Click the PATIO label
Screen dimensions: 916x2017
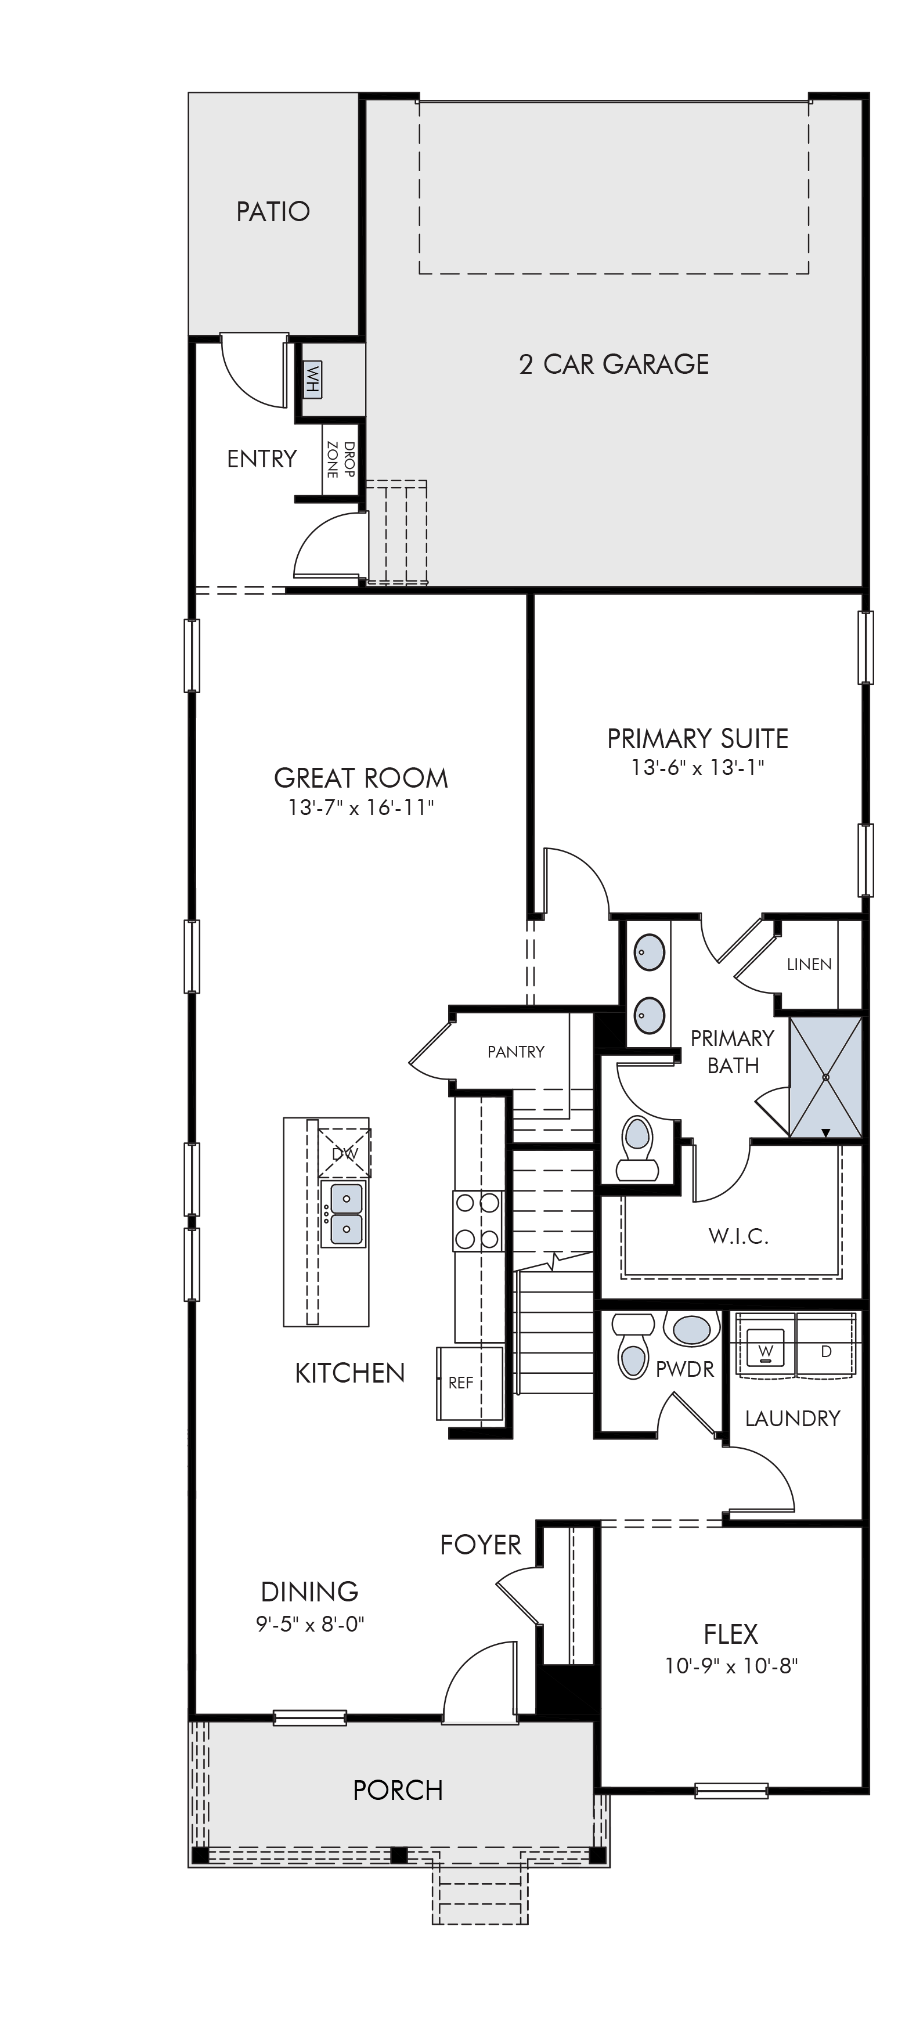point(273,211)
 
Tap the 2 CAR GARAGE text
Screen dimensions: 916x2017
point(614,364)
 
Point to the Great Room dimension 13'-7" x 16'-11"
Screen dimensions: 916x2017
point(361,807)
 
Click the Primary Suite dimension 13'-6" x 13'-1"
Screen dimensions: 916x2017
point(698,767)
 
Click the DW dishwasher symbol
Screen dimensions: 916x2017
point(344,1153)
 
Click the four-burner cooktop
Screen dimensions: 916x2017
point(478,1221)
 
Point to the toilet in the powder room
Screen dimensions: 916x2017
point(634,1345)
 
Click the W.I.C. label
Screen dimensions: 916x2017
point(738,1237)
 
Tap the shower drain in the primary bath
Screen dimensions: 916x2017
point(825,1077)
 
